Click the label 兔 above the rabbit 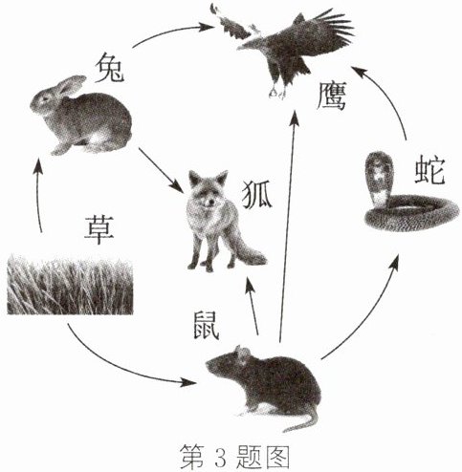pos(110,68)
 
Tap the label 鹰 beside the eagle pos(332,96)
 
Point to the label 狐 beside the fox pos(257,195)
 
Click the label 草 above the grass pos(99,229)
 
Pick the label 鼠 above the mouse pos(207,325)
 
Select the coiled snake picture pos(411,194)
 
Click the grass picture pos(70,284)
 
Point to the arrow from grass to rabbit pos(37,195)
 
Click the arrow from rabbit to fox pos(161,170)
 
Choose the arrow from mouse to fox pos(252,307)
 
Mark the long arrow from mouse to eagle pos(288,226)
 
